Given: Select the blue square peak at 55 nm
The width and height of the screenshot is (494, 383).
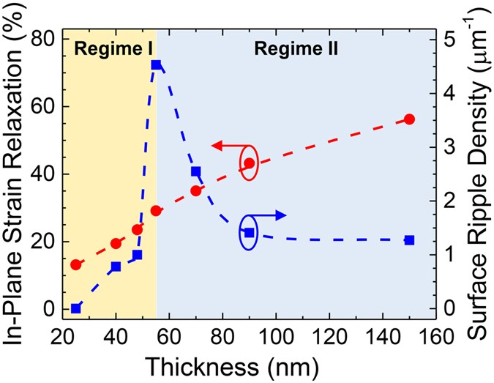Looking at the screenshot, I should [156, 65].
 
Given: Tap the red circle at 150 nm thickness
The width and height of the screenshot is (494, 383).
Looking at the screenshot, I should [409, 119].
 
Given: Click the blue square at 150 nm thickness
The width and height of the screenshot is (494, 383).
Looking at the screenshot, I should [409, 240].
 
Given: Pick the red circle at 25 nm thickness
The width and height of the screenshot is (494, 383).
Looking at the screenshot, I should [75, 264].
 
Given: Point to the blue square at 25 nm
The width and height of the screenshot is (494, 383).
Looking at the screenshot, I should [75, 308].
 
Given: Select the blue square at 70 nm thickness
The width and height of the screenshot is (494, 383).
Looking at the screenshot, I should [196, 171].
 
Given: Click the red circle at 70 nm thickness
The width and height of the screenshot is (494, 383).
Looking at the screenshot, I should [196, 190].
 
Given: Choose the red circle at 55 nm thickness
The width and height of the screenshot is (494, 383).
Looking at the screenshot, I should [156, 211].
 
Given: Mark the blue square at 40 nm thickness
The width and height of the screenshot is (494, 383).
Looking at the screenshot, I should [116, 267].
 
